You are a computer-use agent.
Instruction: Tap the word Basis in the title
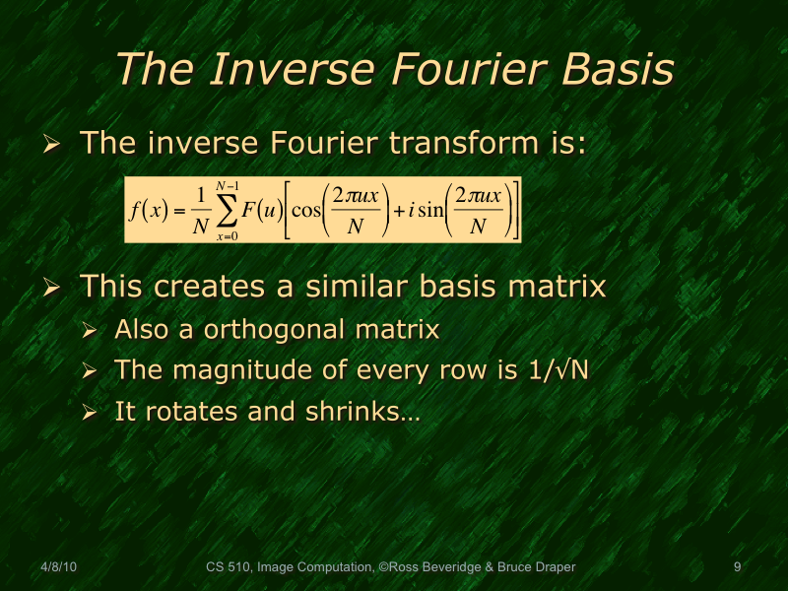point(617,70)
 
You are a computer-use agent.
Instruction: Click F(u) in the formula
point(263,209)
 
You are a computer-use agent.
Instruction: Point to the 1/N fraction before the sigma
point(201,209)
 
